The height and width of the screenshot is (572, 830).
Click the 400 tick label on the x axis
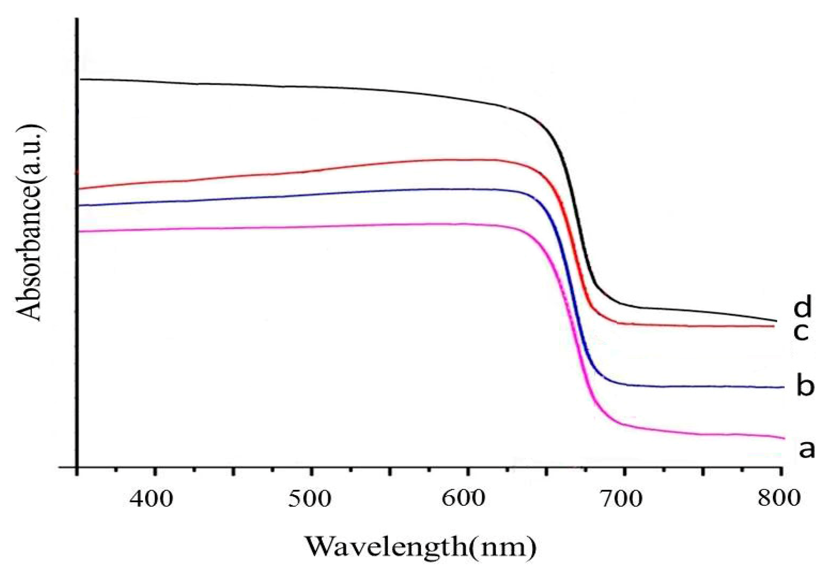[x=151, y=499]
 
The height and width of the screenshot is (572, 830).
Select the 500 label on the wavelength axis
[x=309, y=499]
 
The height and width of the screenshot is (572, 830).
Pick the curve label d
[x=802, y=306]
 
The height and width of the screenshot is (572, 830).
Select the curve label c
[x=801, y=332]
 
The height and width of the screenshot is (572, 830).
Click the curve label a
[x=807, y=448]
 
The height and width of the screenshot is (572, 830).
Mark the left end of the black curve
[x=81, y=79]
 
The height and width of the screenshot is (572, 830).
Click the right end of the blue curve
[x=783, y=387]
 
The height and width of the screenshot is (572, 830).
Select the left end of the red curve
[x=80, y=189]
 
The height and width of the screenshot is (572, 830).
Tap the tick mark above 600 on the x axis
[x=467, y=471]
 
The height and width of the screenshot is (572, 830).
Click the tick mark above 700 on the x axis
[x=624, y=471]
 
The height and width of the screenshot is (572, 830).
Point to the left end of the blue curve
[x=80, y=206]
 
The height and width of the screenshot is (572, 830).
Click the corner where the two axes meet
[x=77, y=467]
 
